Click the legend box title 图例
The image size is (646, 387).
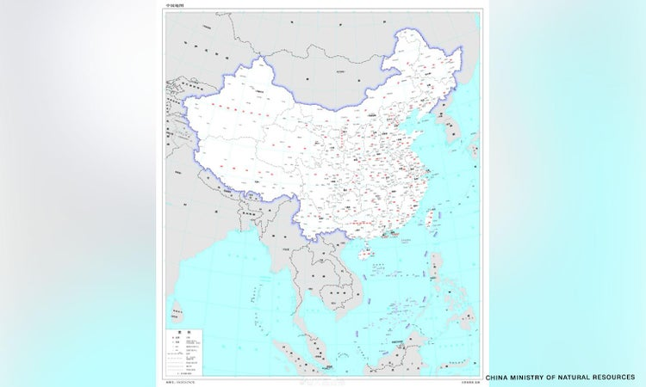point(183,331)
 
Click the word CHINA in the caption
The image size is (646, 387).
point(501,377)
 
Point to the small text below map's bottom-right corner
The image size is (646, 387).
point(463,379)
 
